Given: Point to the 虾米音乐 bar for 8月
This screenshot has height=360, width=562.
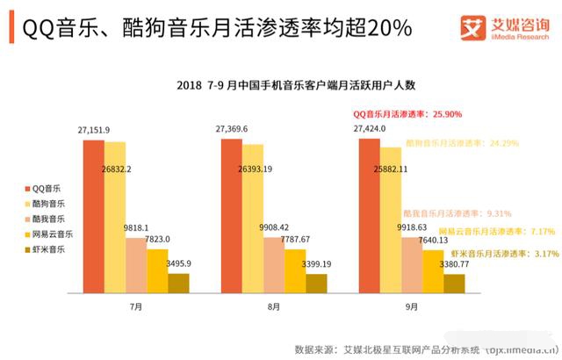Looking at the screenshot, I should [x=316, y=283].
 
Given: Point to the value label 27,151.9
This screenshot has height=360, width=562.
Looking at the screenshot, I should [x=93, y=130].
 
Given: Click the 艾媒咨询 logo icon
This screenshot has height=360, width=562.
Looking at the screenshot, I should [x=473, y=28].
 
